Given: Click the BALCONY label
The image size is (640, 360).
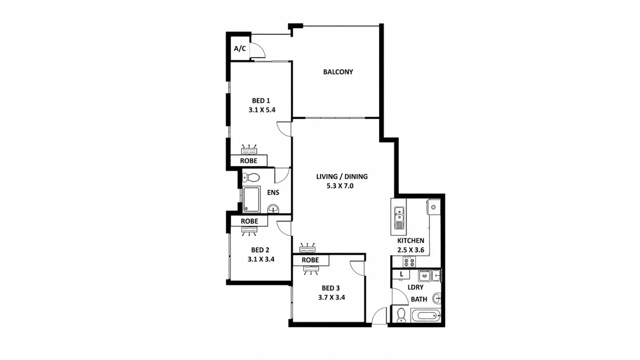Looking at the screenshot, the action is pyautogui.click(x=338, y=72).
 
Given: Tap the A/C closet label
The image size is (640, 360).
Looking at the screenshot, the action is pyautogui.click(x=240, y=48).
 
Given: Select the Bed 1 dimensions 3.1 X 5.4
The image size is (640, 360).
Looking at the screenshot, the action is pyautogui.click(x=262, y=110).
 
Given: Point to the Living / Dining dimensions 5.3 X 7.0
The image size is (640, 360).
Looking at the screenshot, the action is pyautogui.click(x=340, y=186).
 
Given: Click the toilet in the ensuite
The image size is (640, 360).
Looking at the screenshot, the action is pyautogui.click(x=251, y=178).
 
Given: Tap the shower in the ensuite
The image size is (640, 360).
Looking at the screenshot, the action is pyautogui.click(x=252, y=200).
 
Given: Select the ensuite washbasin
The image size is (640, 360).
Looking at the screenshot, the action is pyautogui.click(x=274, y=209).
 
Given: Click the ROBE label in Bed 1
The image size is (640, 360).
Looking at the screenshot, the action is pyautogui.click(x=248, y=161).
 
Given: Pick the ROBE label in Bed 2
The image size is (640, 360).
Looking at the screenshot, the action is pyautogui.click(x=250, y=221).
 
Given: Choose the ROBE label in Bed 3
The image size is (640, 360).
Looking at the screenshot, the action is pyautogui.click(x=310, y=260).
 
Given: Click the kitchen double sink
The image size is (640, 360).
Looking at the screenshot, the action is pyautogui.click(x=399, y=218).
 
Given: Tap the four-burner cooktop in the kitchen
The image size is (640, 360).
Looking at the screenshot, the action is pyautogui.click(x=409, y=262).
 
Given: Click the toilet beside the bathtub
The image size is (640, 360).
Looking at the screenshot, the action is pyautogui.click(x=401, y=315).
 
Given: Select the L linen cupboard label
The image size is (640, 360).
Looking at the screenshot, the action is pyautogui.click(x=402, y=274).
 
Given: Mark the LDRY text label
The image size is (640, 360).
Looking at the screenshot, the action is pyautogui.click(x=416, y=288).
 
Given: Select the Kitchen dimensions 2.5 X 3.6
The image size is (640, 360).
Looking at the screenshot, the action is pyautogui.click(x=410, y=250).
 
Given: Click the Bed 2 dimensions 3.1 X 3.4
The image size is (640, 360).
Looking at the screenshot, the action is pyautogui.click(x=261, y=260).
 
